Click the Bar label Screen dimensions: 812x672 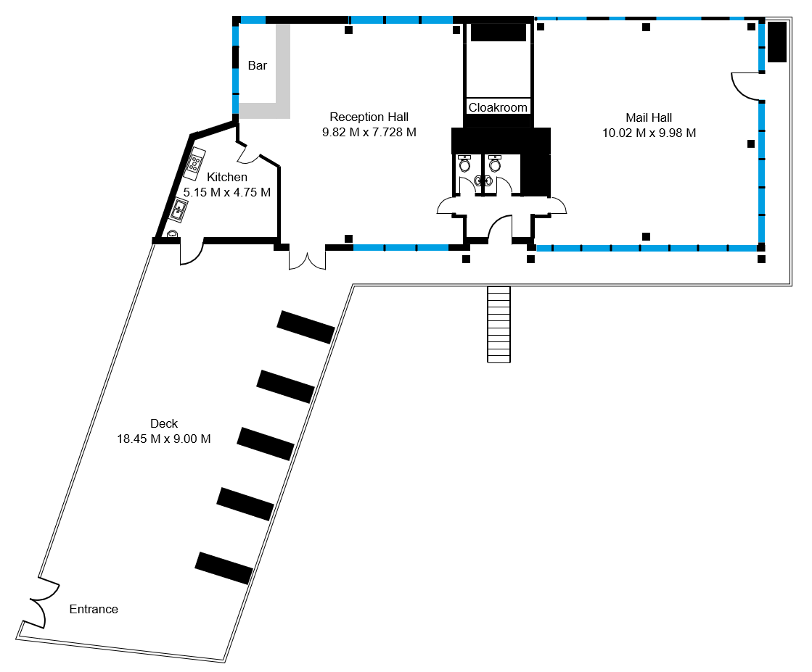258,65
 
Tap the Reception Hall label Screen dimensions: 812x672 369,117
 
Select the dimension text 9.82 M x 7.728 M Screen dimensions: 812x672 369,133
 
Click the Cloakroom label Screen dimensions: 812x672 498,107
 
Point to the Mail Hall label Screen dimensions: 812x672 649,117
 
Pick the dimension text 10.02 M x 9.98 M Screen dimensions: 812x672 649,133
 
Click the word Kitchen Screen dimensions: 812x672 227,177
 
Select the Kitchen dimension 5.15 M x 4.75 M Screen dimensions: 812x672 227,192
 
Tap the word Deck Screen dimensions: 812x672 164,423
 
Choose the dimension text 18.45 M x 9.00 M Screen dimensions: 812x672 164,439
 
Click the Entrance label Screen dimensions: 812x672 94,610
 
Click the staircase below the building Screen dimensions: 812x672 499,324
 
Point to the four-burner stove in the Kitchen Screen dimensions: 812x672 194,161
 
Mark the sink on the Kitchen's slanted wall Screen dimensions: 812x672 179,210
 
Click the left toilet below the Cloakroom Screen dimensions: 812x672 464,164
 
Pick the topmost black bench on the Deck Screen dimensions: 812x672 306,327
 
